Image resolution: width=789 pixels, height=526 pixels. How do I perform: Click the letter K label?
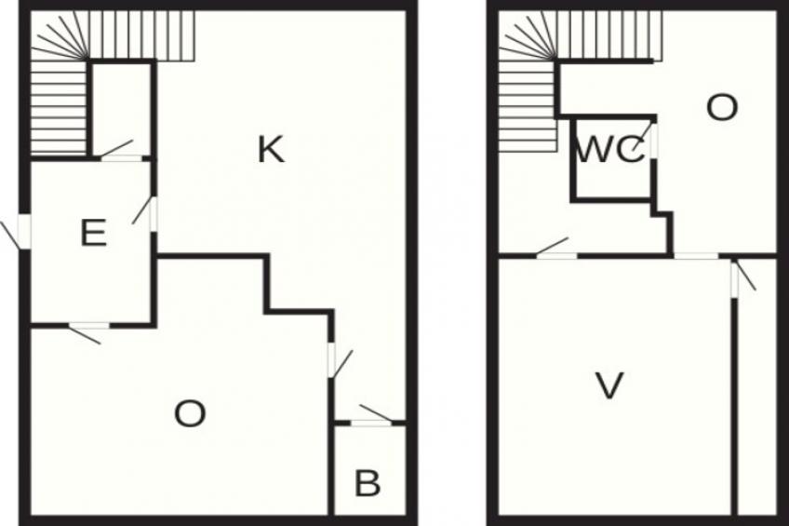(271, 149)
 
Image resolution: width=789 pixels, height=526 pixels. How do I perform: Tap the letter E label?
(93, 233)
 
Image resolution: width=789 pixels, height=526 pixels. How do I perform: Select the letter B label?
(368, 484)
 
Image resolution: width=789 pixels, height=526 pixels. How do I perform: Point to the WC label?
(610, 151)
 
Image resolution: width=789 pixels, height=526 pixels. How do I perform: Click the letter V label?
(608, 385)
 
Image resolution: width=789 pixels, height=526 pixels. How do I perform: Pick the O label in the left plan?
(190, 413)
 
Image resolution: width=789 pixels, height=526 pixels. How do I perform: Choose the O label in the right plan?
(722, 109)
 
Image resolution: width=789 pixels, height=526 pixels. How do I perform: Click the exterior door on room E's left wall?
(24, 232)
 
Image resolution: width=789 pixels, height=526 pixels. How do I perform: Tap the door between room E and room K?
(153, 213)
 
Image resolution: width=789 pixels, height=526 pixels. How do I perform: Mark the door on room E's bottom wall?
(89, 326)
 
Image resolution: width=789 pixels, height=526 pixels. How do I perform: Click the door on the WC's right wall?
(654, 142)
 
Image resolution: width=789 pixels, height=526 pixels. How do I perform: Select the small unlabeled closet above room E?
(121, 107)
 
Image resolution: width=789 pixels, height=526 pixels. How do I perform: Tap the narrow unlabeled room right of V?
(755, 391)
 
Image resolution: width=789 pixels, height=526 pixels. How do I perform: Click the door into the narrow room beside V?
(734, 277)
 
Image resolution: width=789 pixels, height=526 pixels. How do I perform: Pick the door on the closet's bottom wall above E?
(120, 157)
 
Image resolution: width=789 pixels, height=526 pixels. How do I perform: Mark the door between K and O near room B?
(331, 360)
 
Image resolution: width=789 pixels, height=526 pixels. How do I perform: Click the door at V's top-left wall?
(555, 254)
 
